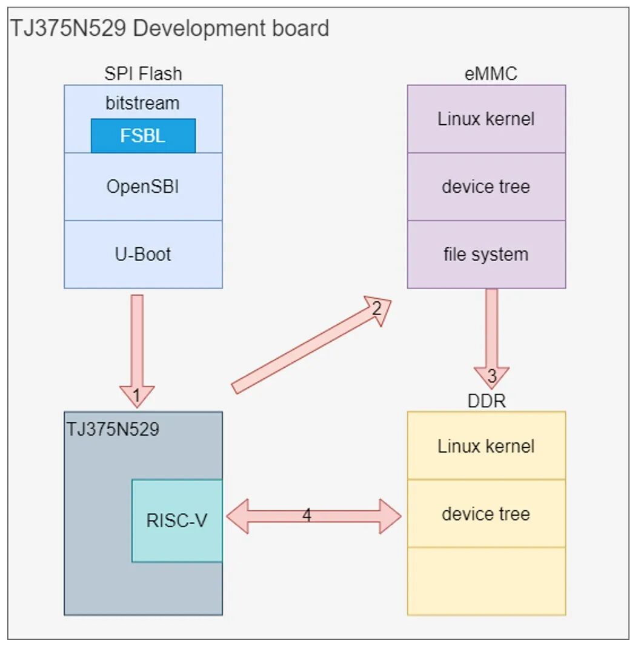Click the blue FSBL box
(143, 136)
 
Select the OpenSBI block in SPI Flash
(143, 187)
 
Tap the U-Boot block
(143, 254)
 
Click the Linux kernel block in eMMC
(486, 119)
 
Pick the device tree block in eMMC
(486, 187)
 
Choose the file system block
(486, 254)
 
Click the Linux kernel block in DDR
(486, 446)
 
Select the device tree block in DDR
(486, 514)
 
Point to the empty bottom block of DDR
(486, 581)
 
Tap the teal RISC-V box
(177, 521)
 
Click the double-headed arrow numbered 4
(313, 517)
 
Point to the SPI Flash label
(143, 74)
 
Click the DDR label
(487, 401)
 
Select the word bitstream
(143, 103)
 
